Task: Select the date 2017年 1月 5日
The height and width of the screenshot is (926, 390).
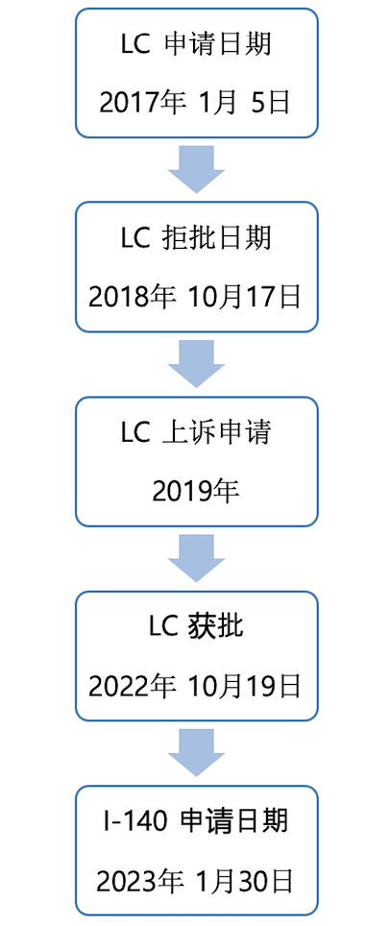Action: (195, 103)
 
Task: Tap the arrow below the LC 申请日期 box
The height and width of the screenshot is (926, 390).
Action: (196, 169)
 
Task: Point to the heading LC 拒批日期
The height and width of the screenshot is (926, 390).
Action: (196, 238)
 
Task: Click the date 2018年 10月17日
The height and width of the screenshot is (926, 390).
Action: (195, 297)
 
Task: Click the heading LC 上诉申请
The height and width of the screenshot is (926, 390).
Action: (196, 433)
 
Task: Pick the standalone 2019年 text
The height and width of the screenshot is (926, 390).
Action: (196, 491)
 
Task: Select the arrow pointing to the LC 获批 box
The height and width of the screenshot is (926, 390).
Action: (196, 558)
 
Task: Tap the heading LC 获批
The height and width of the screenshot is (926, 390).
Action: (196, 627)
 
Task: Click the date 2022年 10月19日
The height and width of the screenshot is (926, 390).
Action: (195, 686)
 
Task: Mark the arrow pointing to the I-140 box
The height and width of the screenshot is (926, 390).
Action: (196, 752)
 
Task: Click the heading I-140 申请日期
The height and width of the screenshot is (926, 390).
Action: (196, 821)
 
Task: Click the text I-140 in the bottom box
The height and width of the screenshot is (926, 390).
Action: (134, 822)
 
